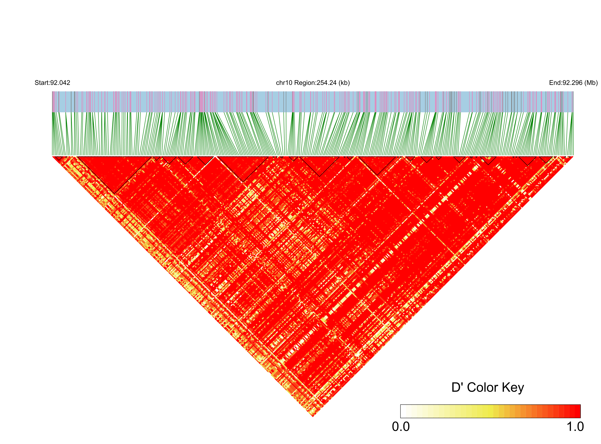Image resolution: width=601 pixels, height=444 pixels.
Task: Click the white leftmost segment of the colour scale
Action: point(403,411)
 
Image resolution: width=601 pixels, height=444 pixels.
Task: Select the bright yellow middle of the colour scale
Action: point(490,411)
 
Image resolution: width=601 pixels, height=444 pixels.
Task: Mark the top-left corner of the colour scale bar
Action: point(401,405)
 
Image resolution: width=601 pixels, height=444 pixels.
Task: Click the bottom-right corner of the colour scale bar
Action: point(580,418)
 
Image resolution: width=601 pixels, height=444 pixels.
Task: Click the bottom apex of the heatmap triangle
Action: point(313,417)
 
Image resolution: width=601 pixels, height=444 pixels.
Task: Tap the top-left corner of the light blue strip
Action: point(52,91)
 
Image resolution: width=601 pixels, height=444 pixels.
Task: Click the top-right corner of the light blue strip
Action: point(573,91)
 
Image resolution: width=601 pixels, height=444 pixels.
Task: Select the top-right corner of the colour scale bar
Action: point(580,405)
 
